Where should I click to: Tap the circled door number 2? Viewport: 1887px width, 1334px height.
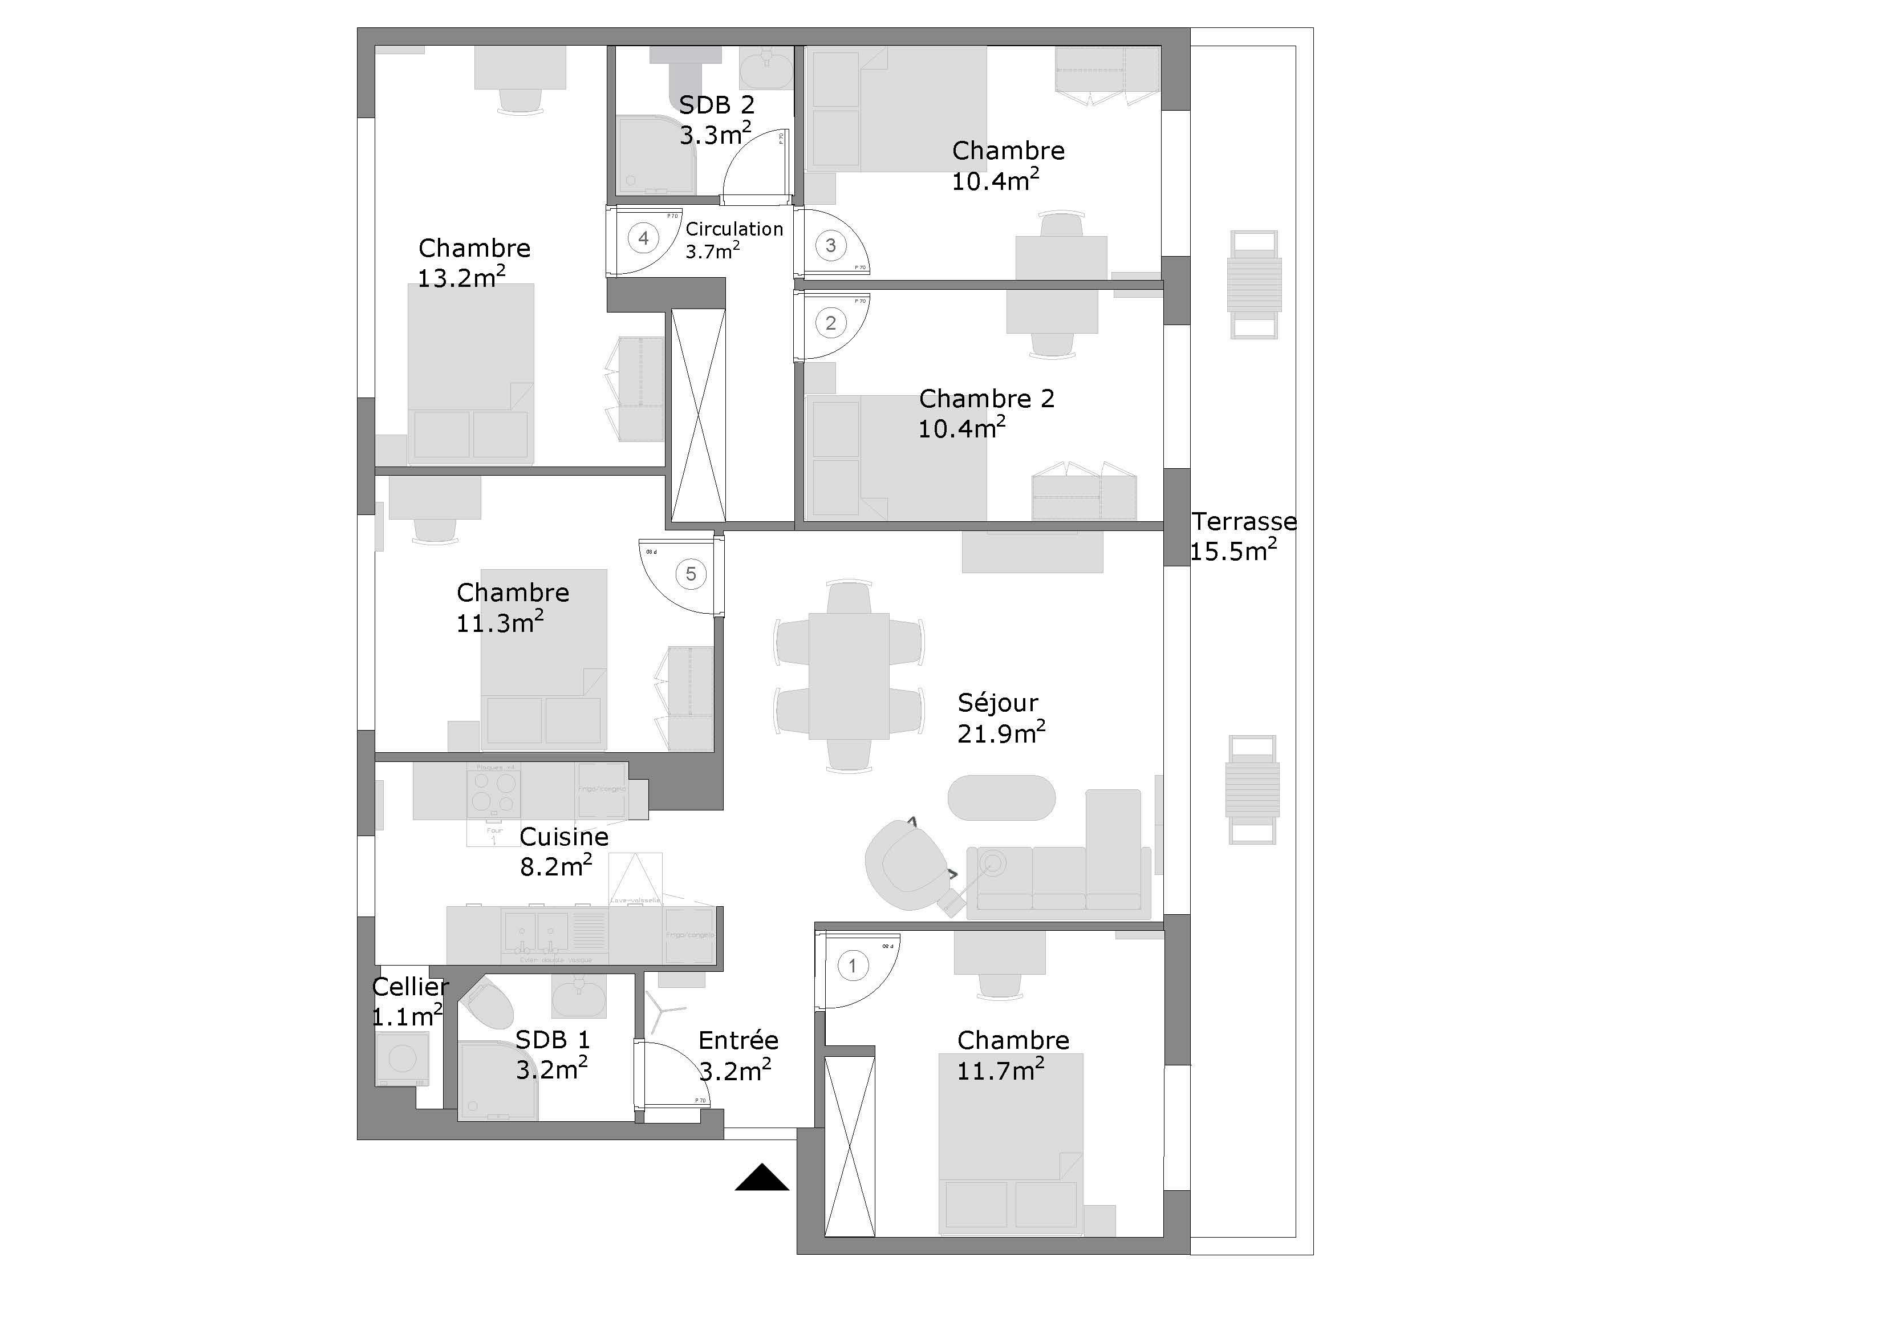coord(831,323)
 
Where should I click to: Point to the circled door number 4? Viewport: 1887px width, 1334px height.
coord(643,238)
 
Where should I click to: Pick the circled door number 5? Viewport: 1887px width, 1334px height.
coord(691,574)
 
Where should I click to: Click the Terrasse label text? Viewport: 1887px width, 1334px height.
coord(1244,521)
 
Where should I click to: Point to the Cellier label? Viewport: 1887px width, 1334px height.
coord(410,986)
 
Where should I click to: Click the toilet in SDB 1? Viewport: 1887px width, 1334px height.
coord(488,1004)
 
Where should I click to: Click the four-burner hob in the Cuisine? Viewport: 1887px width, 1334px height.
coord(494,792)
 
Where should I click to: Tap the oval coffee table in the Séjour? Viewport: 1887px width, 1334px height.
coord(1001,797)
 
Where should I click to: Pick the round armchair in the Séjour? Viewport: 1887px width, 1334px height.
coord(902,866)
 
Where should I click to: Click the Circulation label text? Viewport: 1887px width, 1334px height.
coord(734,229)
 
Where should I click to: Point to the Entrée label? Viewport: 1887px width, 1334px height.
coord(738,1041)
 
